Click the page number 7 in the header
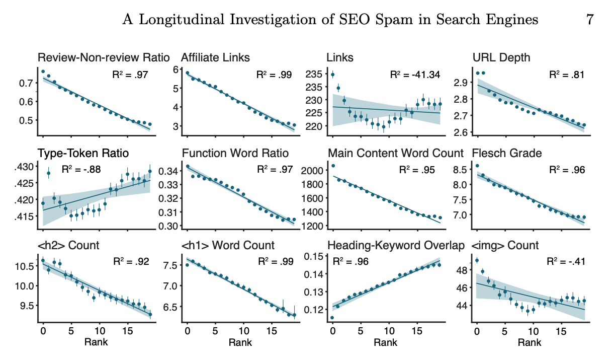pyautogui.click(x=589, y=20)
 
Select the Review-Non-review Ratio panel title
pyautogui.click(x=104, y=57)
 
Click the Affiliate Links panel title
pyautogui.click(x=215, y=57)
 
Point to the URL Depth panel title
pyautogui.click(x=501, y=57)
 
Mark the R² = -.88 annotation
pyautogui.click(x=81, y=170)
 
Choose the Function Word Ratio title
pyautogui.click(x=235, y=153)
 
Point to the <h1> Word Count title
pyautogui.click(x=228, y=246)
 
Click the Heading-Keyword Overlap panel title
pyautogui.click(x=396, y=246)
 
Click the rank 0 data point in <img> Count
pyautogui.click(x=477, y=260)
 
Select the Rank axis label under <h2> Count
pyautogui.click(x=96, y=343)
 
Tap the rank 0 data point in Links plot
pyautogui.click(x=332, y=75)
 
